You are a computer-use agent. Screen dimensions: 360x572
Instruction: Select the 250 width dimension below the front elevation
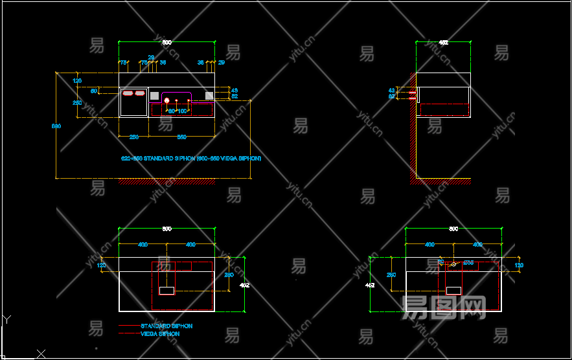click(x=133, y=137)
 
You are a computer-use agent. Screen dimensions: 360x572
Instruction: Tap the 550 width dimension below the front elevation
click(x=182, y=137)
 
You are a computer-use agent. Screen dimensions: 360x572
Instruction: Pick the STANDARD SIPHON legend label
click(x=166, y=326)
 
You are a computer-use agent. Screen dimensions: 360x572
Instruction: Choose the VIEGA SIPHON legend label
click(x=160, y=334)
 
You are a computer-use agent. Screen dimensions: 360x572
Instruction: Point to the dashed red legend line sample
click(x=129, y=334)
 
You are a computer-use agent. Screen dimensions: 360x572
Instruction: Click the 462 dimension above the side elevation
click(x=443, y=42)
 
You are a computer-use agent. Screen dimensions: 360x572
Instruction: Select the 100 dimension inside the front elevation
click(x=182, y=111)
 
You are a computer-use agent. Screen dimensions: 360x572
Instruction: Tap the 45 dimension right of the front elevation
click(x=235, y=90)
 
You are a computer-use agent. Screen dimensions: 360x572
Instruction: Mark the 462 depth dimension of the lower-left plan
click(x=245, y=285)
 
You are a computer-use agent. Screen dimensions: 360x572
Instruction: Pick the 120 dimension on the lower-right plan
click(x=518, y=265)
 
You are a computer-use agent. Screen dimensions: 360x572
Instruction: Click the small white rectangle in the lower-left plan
click(x=167, y=291)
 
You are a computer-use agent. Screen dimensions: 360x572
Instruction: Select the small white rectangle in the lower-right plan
click(x=453, y=291)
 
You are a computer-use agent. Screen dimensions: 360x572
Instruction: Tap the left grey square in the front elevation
click(x=154, y=96)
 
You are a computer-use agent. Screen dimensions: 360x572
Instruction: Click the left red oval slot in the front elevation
click(x=128, y=93)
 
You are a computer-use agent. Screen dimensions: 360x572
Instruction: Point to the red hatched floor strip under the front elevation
click(x=166, y=182)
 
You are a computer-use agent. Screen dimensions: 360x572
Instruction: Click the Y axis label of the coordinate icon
click(x=6, y=319)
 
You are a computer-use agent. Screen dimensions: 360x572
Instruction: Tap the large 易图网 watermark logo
click(x=444, y=308)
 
